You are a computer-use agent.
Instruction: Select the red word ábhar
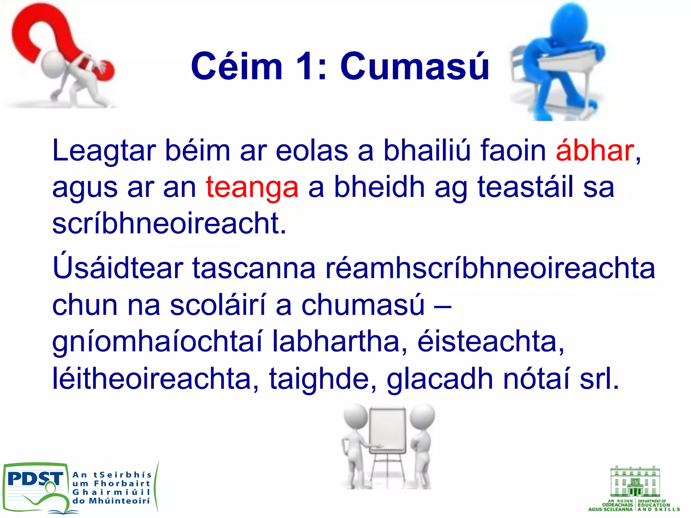pyautogui.click(x=595, y=150)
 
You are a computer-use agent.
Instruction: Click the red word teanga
pyautogui.click(x=252, y=187)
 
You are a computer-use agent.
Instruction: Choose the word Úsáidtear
pyautogui.click(x=118, y=268)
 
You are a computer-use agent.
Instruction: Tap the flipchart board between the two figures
pyautogui.click(x=388, y=432)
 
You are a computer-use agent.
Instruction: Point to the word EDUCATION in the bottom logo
pyautogui.click(x=654, y=505)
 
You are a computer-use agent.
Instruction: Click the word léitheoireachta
pyautogui.click(x=156, y=379)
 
